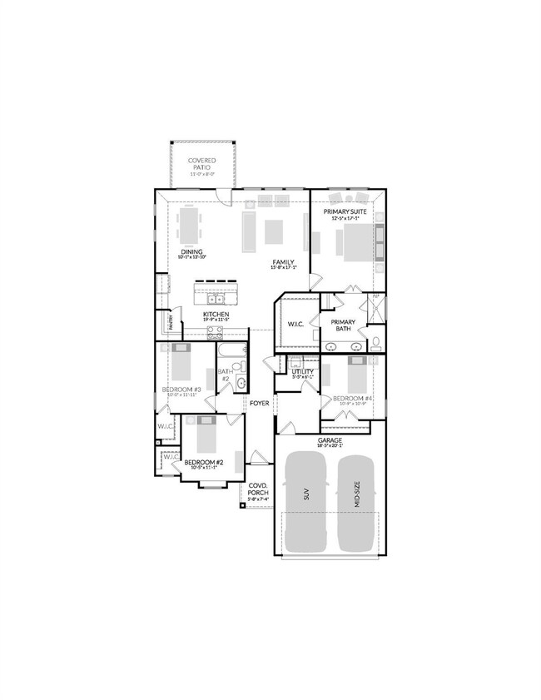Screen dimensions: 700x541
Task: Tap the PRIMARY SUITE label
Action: (x=345, y=213)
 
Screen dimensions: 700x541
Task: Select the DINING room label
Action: (x=192, y=251)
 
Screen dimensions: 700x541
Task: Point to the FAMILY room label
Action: (x=284, y=262)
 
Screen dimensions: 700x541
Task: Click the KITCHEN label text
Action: (x=216, y=314)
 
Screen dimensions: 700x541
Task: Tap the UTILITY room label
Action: (x=301, y=371)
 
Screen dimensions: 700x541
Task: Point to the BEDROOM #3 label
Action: (x=181, y=390)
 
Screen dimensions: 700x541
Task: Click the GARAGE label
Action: (x=330, y=440)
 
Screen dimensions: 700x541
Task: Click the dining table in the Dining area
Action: (x=190, y=225)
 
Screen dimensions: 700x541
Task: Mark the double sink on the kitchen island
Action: (x=216, y=297)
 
